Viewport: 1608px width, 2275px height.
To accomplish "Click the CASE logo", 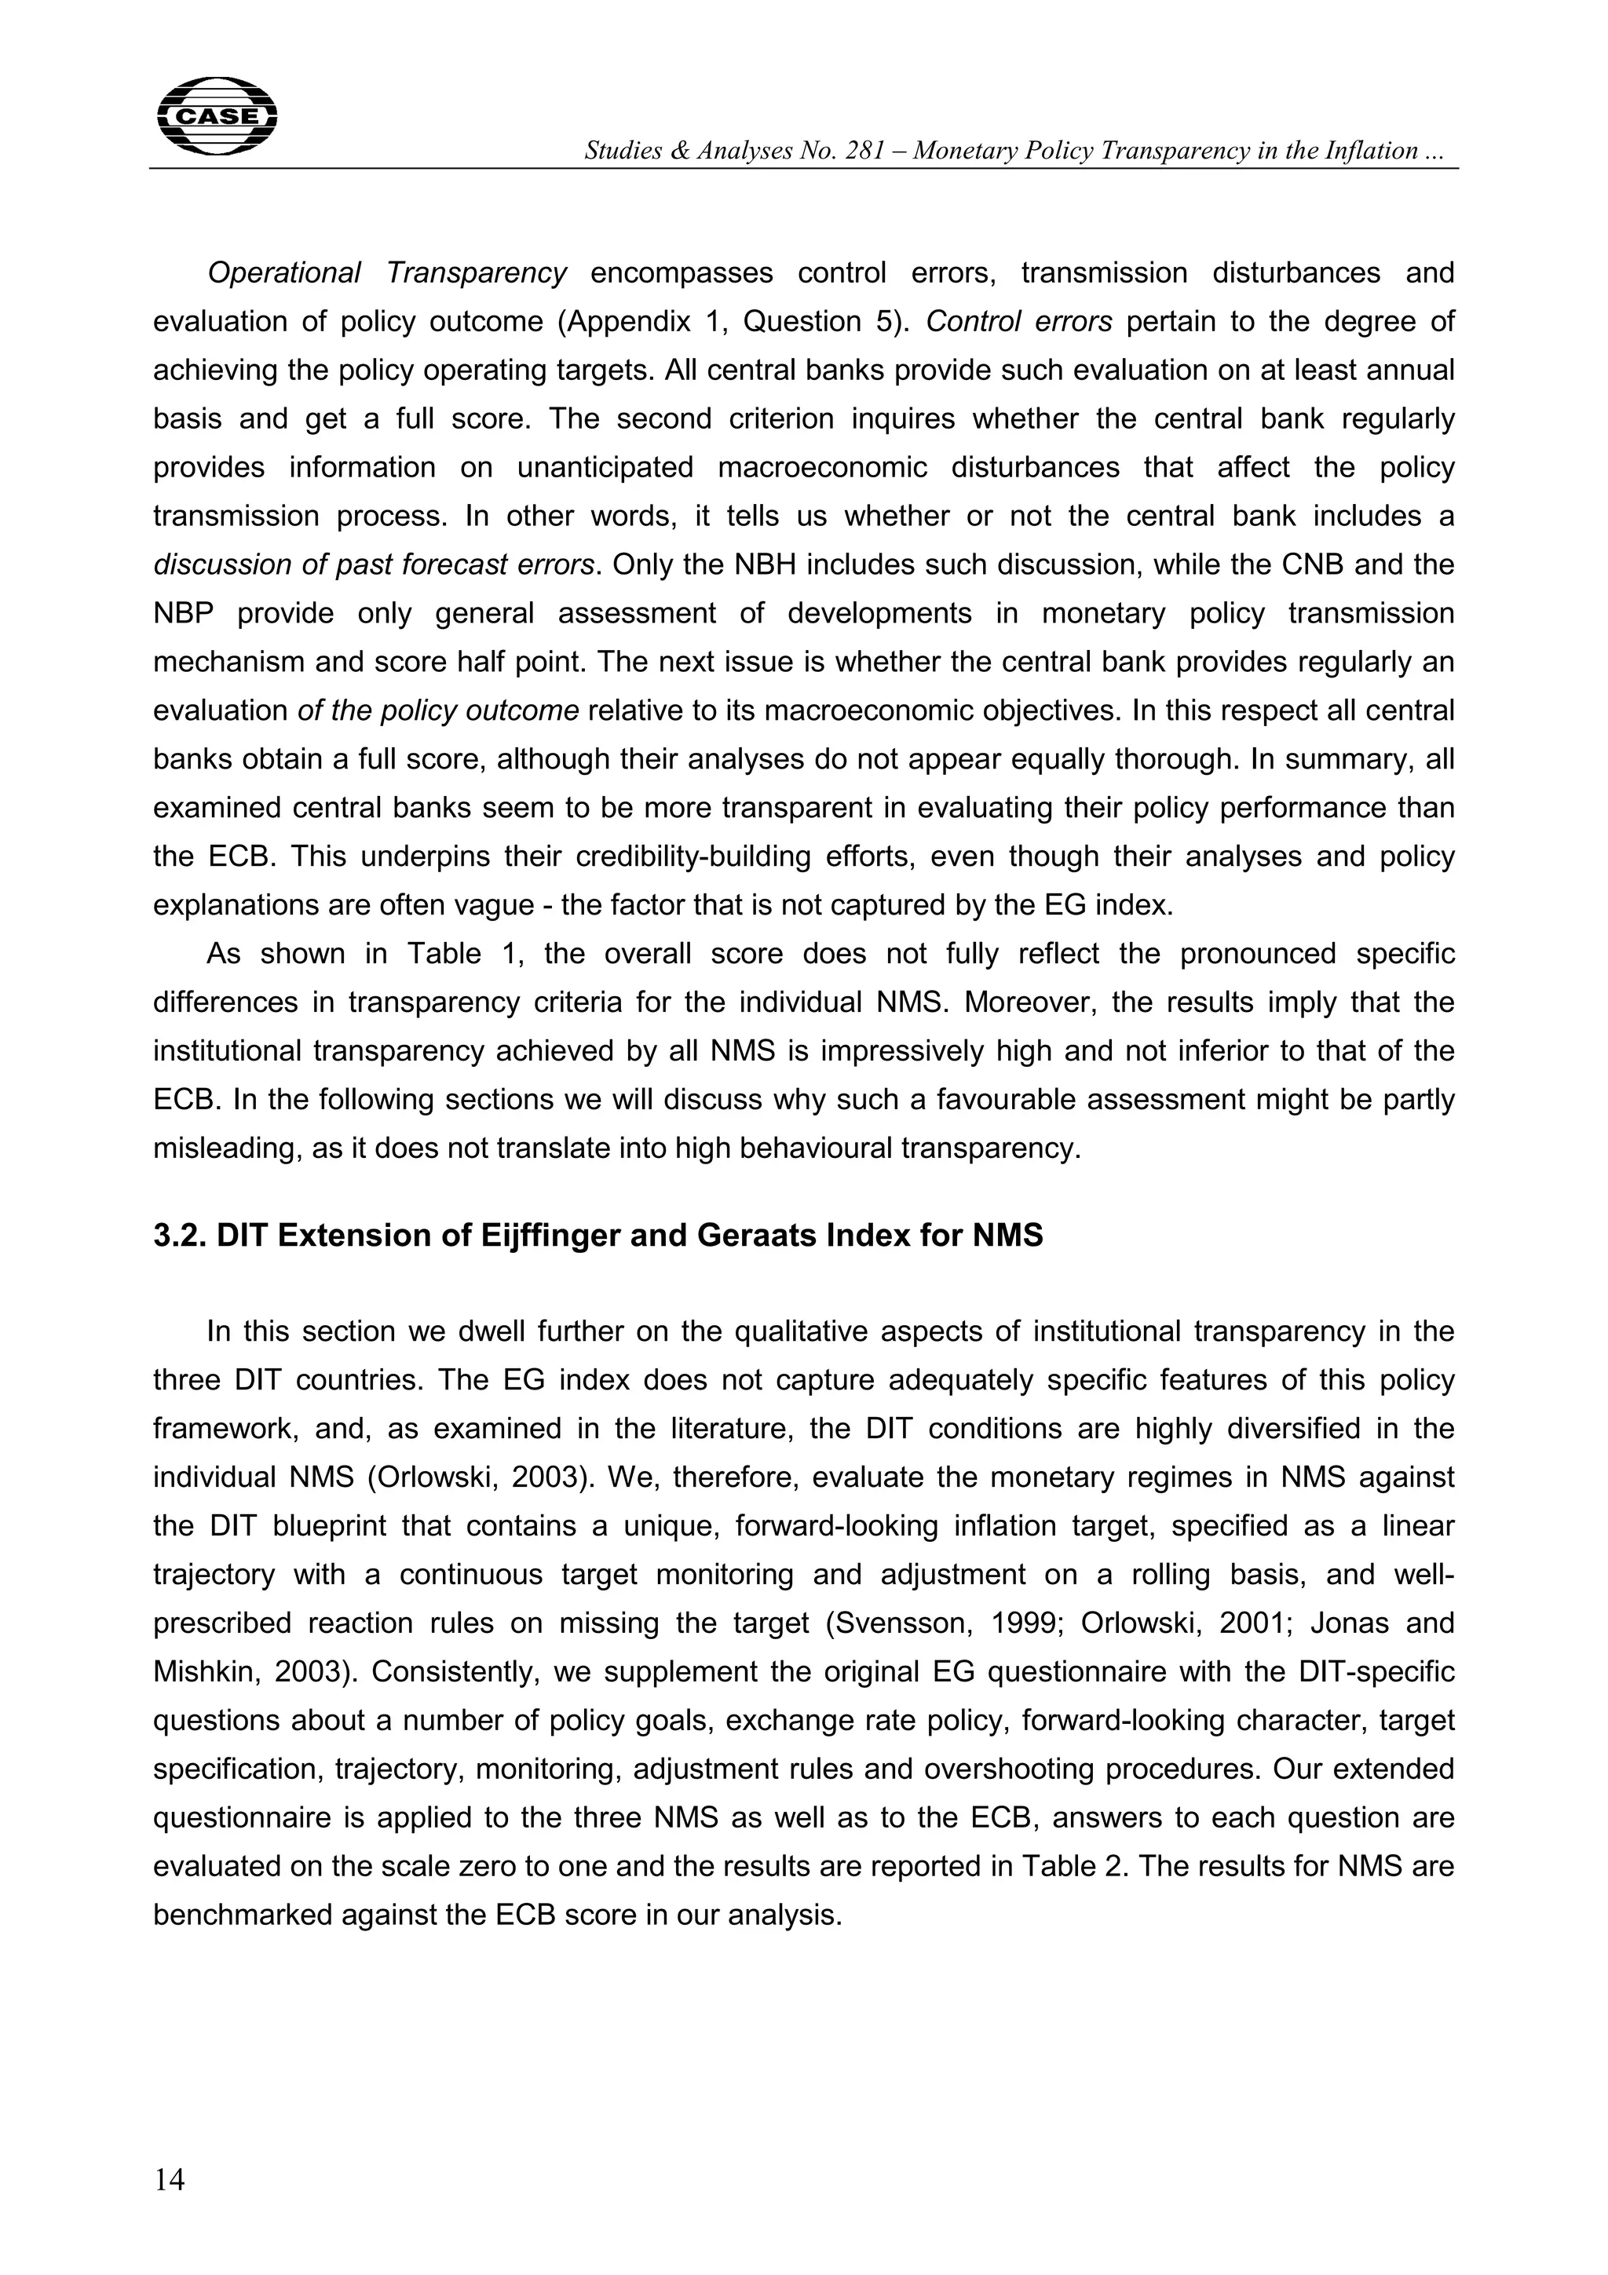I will tap(217, 116).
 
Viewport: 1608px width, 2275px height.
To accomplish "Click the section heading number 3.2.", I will tap(179, 1236).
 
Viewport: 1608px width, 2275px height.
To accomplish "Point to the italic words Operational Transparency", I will tap(386, 272).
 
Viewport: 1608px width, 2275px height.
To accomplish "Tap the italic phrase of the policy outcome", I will tap(438, 710).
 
